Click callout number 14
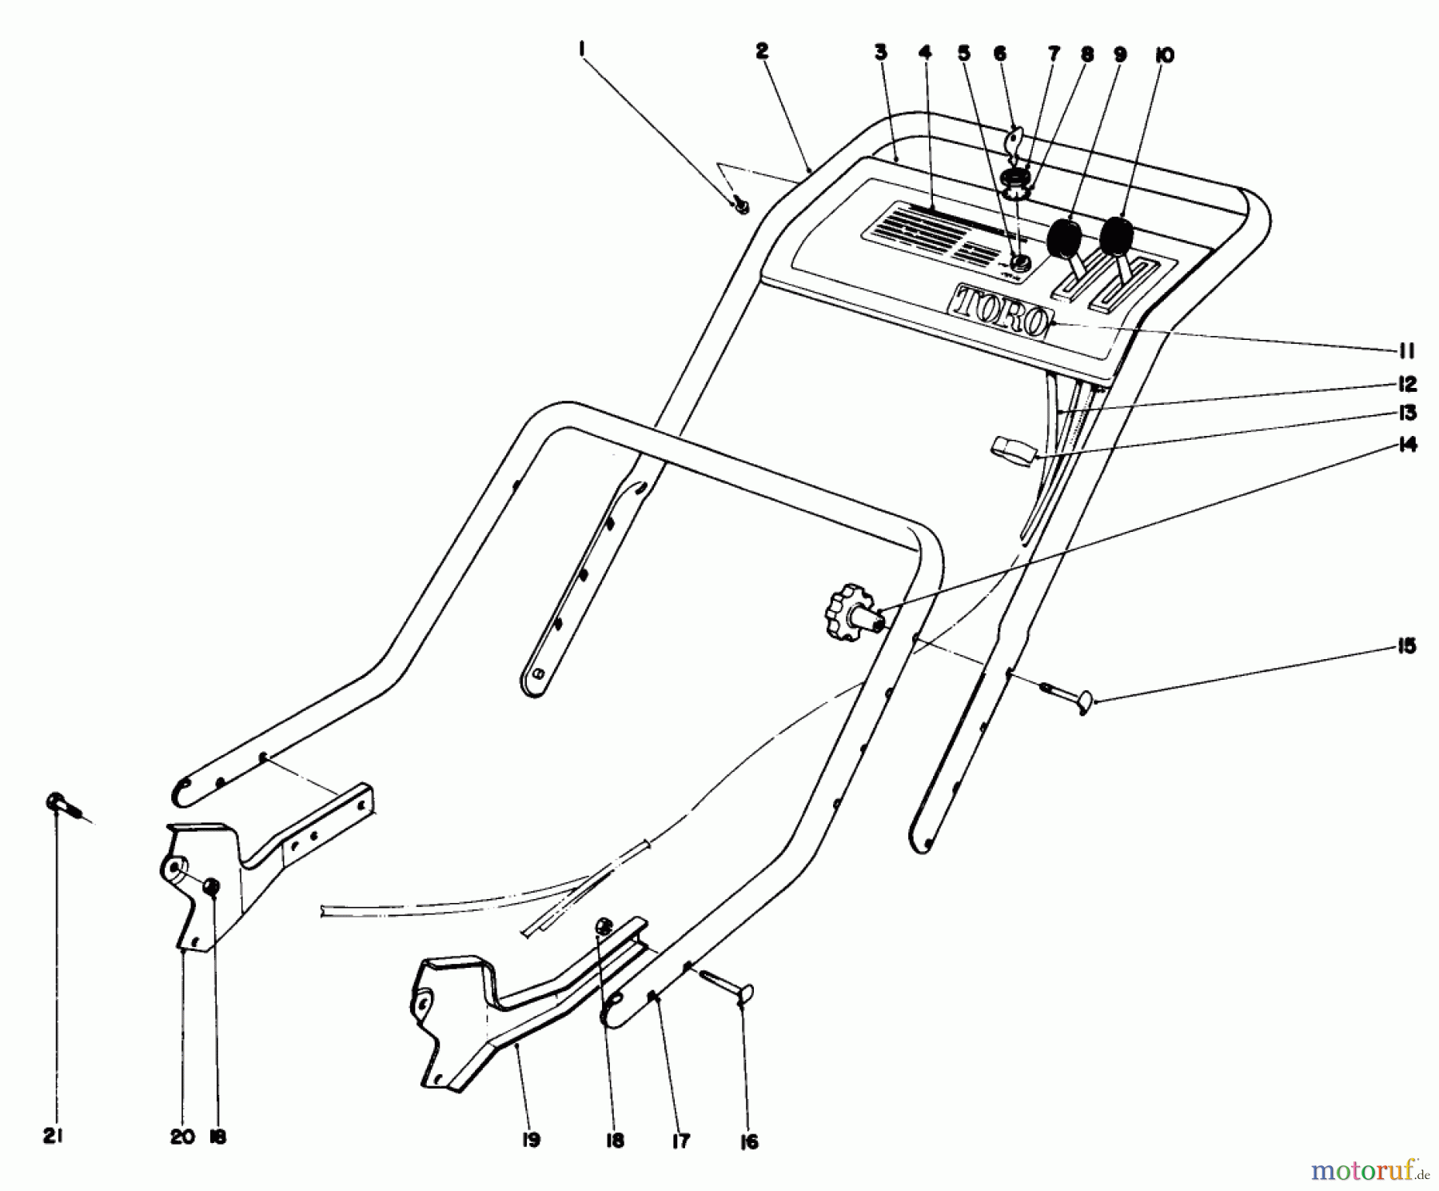tap(1408, 445)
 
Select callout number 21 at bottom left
tap(52, 1137)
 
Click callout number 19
tap(530, 1140)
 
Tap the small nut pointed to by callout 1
tap(741, 206)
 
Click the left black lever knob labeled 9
tap(1064, 239)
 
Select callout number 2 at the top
tap(761, 52)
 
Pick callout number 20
tap(182, 1137)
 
